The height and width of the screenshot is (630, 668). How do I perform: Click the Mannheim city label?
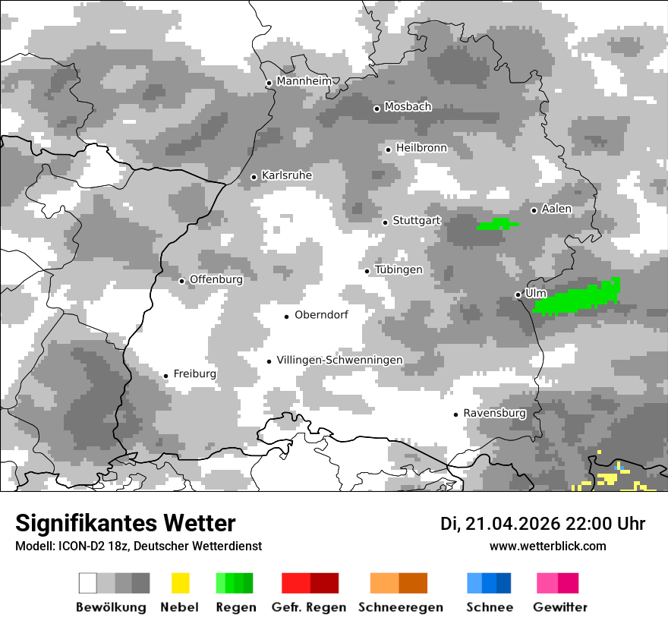(x=304, y=81)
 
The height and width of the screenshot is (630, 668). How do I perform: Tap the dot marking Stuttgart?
(x=386, y=222)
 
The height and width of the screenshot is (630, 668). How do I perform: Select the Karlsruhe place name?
(x=286, y=175)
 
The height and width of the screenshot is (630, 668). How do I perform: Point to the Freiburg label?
(x=194, y=373)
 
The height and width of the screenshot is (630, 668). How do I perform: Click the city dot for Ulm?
(x=518, y=295)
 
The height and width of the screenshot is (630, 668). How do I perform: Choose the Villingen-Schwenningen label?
(x=339, y=360)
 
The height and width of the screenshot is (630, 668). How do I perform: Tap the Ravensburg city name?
(x=494, y=413)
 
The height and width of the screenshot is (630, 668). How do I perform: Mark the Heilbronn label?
(x=421, y=148)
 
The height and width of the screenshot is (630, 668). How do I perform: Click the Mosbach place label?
(x=408, y=107)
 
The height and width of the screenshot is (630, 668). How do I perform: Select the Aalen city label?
(x=556, y=209)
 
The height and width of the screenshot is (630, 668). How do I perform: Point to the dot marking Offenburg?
(x=182, y=281)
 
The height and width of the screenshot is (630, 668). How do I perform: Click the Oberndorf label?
(x=321, y=315)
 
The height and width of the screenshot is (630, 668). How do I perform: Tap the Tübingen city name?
(x=399, y=269)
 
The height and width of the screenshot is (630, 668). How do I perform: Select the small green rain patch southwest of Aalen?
(x=498, y=224)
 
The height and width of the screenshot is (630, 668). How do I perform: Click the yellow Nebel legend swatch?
(x=180, y=583)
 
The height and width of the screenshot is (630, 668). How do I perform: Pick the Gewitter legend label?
(x=559, y=607)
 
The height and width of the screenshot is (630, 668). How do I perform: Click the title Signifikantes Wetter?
(x=125, y=523)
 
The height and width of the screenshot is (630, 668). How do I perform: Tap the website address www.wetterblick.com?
(x=547, y=546)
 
